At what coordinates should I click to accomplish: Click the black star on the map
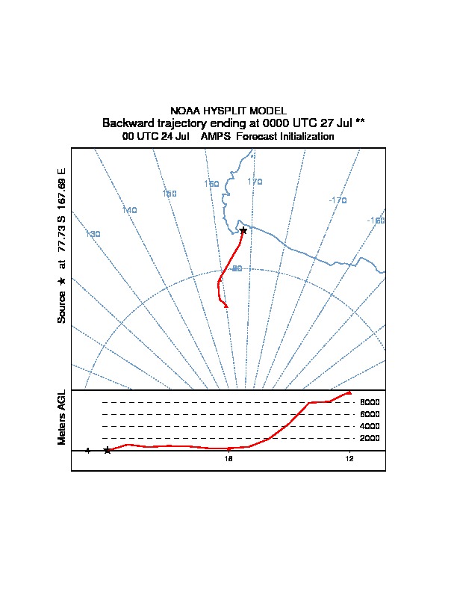click(x=243, y=230)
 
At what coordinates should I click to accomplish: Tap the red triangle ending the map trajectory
click(x=226, y=305)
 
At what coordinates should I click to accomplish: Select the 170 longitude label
click(x=255, y=182)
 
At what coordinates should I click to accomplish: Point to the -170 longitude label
click(x=338, y=200)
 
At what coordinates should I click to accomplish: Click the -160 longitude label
click(x=376, y=221)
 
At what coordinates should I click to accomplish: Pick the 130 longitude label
click(x=93, y=234)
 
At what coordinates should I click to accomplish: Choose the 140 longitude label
click(x=129, y=210)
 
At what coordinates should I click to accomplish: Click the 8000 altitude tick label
click(x=370, y=402)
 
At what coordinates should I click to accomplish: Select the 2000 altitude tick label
click(x=370, y=438)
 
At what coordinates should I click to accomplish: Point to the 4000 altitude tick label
click(x=370, y=426)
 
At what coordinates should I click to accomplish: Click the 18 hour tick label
click(x=229, y=459)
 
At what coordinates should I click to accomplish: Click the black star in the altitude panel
click(x=108, y=450)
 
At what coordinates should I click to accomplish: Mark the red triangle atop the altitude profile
click(x=349, y=392)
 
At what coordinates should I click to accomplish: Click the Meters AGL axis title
click(x=62, y=418)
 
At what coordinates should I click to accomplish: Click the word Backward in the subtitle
click(x=130, y=123)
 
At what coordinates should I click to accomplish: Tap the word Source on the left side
click(x=62, y=306)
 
